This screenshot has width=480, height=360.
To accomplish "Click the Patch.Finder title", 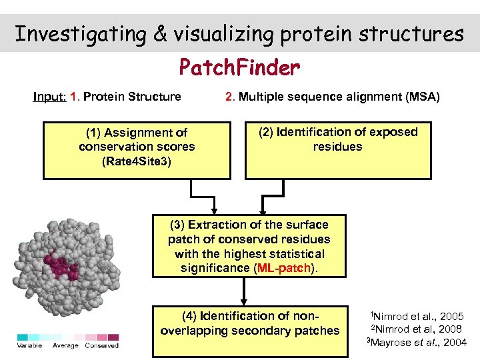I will [239, 67].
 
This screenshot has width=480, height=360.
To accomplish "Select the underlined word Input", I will [49, 97].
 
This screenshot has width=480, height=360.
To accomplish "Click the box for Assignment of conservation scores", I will [137, 150].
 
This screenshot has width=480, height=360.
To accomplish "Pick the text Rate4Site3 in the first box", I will [137, 161].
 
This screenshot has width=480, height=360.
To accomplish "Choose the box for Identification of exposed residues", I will [338, 150].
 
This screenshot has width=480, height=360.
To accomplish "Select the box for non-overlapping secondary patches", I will [250, 323].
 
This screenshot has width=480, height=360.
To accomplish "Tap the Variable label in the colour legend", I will [29, 345].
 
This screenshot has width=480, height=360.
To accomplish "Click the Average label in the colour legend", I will [65, 345].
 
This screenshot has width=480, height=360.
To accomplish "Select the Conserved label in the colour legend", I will [101, 345].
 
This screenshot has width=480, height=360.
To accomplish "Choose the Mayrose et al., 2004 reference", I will [418, 343].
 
